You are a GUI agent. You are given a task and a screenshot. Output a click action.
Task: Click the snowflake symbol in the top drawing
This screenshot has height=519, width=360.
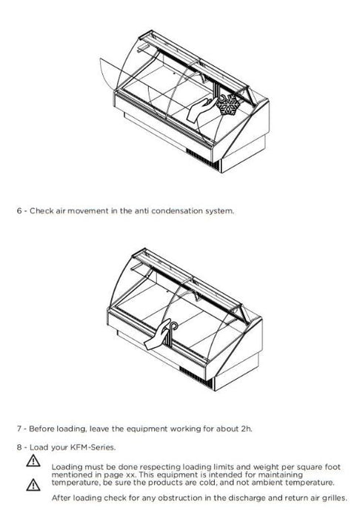coord(229,105)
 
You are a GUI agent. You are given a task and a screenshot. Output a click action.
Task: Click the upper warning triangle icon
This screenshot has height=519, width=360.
coord(33,460)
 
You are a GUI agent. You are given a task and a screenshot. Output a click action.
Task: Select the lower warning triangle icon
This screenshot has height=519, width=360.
coord(33,485)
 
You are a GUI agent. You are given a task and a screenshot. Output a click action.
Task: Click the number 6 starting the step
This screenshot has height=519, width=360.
coord(19,211)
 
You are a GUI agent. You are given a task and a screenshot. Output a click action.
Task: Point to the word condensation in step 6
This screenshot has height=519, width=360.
coord(177,211)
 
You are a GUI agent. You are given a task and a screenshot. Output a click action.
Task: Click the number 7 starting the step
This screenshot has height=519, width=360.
coord(19,429)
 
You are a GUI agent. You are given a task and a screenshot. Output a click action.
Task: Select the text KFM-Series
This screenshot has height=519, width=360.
coord(93,448)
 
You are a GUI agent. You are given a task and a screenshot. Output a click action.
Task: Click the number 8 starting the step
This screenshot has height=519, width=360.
coord(19,448)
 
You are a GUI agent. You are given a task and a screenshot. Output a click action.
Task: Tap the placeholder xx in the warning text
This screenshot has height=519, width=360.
coord(131,475)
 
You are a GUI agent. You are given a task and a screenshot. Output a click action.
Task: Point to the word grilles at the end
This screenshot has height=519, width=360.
coord(335,497)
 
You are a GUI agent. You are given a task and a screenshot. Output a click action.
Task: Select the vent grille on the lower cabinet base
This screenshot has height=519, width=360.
coord(196,377)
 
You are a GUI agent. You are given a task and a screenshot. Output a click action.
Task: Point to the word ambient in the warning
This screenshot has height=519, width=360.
coord(267,483)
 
